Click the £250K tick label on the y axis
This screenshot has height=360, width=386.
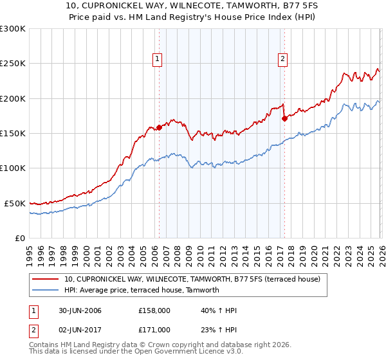click(13, 64)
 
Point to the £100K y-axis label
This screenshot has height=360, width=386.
click(13, 168)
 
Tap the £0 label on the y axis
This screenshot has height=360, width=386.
click(19, 238)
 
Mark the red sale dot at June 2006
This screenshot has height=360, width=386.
click(159, 127)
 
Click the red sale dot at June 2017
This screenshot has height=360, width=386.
click(284, 118)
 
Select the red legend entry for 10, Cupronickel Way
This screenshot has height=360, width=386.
click(196, 279)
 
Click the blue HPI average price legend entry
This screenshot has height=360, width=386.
click(142, 290)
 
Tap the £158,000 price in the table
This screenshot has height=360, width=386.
click(154, 310)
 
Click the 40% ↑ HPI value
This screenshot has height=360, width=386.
click(219, 310)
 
